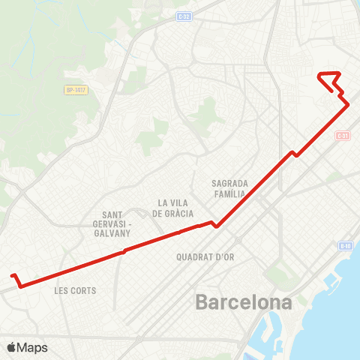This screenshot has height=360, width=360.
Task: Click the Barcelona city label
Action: pos(244,303)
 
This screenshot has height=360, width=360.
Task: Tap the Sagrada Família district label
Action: pos(229,187)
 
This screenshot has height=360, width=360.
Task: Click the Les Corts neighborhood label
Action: pos(76,290)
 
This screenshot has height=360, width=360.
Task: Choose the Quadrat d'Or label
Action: pos(205,256)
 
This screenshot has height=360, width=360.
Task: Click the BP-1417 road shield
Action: pos(76,90)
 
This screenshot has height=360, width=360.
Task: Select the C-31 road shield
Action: pos(343,136)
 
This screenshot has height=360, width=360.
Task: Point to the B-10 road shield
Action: pos(344,245)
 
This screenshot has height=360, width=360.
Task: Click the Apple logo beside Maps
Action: pos(11,347)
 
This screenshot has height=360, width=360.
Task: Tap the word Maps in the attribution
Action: pos(32,347)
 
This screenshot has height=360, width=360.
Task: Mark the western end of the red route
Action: pos(12,274)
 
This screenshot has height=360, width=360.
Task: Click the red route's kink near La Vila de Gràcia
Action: pos(215,224)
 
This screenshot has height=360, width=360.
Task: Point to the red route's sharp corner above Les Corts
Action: pos(20,286)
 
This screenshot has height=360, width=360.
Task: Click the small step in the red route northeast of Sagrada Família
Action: pos(295,154)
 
